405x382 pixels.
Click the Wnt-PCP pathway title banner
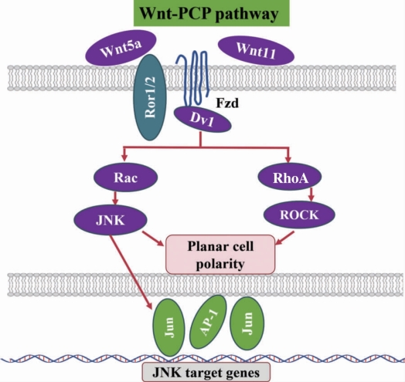(211, 13)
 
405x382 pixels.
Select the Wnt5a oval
(121, 48)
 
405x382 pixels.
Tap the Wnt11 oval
(257, 51)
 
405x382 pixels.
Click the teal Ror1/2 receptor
(150, 97)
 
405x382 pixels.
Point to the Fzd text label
(227, 103)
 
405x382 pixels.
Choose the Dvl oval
(202, 120)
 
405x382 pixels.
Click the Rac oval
(125, 177)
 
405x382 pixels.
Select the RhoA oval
(290, 177)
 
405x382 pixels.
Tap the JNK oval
(111, 220)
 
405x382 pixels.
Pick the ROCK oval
(299, 215)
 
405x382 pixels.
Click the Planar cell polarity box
(220, 255)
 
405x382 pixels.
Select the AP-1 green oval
(208, 322)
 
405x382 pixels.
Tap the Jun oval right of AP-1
(247, 323)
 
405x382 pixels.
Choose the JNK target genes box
(206, 372)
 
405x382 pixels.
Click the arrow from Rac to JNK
(115, 198)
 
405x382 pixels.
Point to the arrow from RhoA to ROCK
(311, 194)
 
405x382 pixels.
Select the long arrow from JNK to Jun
(131, 272)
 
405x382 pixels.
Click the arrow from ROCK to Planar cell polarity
(285, 238)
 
